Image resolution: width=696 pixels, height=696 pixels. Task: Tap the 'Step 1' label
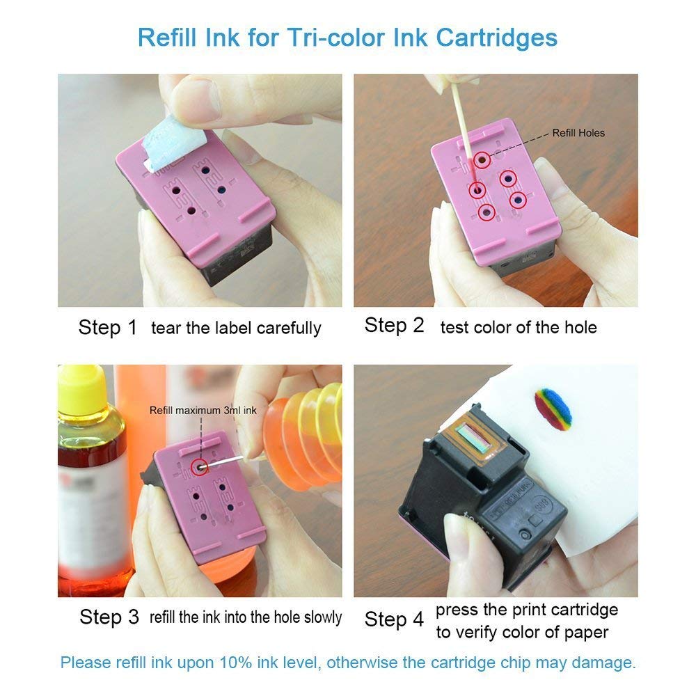click(x=108, y=327)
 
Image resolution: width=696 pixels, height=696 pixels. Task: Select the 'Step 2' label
click(x=394, y=325)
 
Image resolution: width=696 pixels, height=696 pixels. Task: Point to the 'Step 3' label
click(x=109, y=616)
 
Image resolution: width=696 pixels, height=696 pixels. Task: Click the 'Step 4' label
click(x=394, y=619)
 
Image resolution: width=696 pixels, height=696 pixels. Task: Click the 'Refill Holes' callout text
click(x=578, y=133)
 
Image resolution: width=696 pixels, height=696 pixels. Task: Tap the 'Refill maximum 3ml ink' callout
click(x=203, y=411)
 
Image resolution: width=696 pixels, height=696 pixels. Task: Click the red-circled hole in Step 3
click(x=200, y=468)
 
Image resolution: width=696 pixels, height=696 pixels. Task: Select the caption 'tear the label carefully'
click(x=236, y=328)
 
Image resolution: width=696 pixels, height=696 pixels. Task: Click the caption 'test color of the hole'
click(x=519, y=327)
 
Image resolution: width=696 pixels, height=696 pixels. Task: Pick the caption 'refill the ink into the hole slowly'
click(x=246, y=617)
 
